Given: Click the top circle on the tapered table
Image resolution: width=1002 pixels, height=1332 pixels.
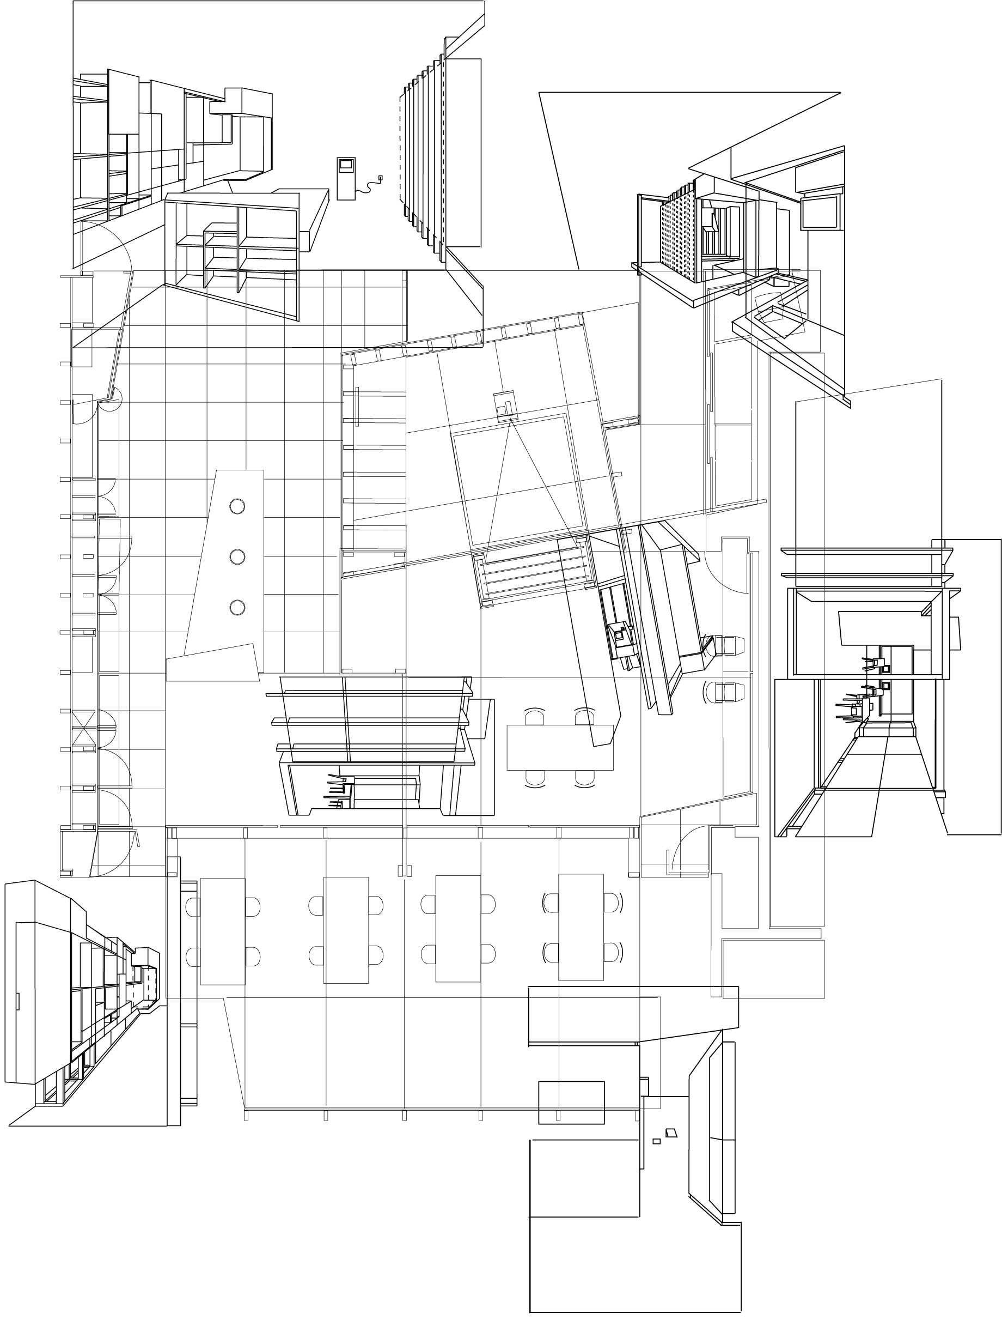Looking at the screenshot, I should pyautogui.click(x=237, y=506).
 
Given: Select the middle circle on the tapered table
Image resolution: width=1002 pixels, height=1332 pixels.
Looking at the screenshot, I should pyautogui.click(x=237, y=557).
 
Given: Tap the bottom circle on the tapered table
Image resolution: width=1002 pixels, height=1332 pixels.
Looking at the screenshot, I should pyautogui.click(x=237, y=608).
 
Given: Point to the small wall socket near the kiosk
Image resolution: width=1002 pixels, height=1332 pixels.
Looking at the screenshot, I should pyautogui.click(x=380, y=178).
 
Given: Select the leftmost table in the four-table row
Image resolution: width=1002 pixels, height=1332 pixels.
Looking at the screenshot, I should pyautogui.click(x=222, y=931).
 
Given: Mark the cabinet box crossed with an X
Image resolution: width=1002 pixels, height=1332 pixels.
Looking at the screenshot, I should pyautogui.click(x=84, y=729).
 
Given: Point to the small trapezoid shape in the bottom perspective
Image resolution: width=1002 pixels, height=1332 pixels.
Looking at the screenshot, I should pyautogui.click(x=671, y=1132).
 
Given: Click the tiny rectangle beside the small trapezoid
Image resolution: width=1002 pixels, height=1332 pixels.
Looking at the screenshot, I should pyautogui.click(x=657, y=1141).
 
